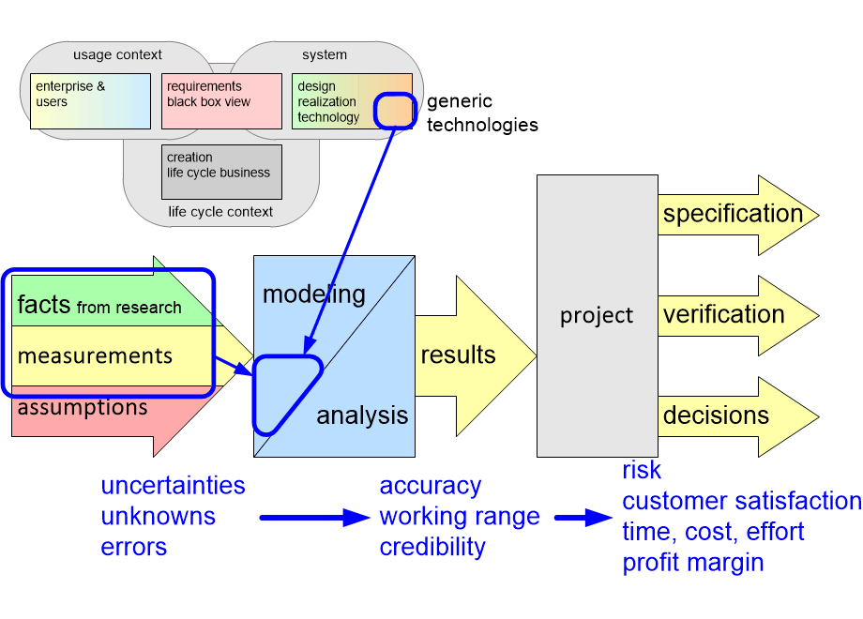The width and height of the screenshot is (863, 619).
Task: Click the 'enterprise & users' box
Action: coord(89,100)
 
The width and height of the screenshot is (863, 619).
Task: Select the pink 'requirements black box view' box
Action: coord(221,100)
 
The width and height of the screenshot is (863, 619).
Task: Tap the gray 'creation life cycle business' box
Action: coord(221,172)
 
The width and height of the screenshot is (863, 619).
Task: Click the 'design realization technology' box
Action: coord(333,100)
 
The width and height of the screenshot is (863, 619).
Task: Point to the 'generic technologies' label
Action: coord(482,113)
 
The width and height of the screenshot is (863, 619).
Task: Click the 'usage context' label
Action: coord(117,54)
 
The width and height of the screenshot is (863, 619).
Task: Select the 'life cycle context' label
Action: coord(220,212)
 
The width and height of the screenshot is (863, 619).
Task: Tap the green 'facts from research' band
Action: coord(99,305)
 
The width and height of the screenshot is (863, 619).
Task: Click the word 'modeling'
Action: coord(313,294)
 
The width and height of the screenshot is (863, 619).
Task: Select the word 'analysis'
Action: coord(362,415)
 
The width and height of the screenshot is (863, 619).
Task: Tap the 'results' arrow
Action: coord(464,355)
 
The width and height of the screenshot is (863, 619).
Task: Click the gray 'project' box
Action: coord(597,315)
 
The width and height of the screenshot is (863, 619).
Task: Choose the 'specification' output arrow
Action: coord(734,214)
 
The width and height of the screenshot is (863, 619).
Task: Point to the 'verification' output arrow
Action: coord(724,314)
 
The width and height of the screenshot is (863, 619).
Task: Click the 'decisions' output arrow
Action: coord(717,415)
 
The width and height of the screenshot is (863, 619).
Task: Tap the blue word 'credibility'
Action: coord(432,547)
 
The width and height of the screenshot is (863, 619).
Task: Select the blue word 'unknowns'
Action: coord(158,516)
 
